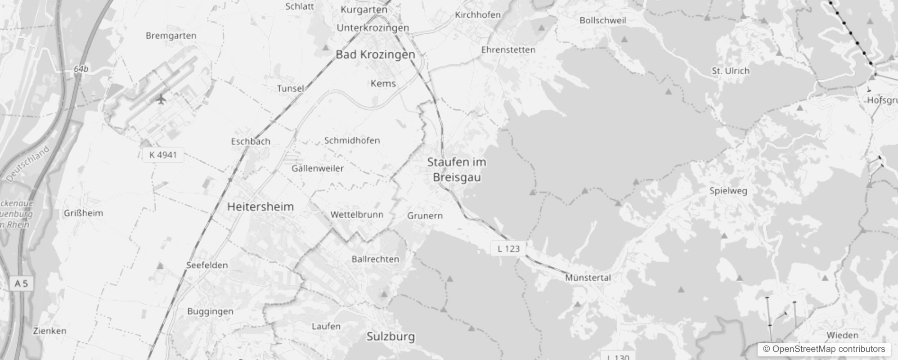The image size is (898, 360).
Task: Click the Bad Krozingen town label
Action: coord(375,54)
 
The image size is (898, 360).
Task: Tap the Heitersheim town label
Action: coord(260,207)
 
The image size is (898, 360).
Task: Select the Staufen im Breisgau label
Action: coord(457,170)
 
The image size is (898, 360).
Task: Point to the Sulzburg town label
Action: coord(391,337)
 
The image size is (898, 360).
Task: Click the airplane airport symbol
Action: coord(161,99)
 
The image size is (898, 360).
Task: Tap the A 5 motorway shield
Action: coord(21,283)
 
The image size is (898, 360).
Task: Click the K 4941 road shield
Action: coord(163,155)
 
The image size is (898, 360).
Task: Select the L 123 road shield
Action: coord(508,248)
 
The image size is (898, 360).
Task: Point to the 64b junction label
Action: coord(81,69)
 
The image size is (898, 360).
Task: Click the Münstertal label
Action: coord(588,278)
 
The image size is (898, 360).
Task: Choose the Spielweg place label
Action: coord(728,190)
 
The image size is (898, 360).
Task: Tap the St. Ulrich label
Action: coord(730,71)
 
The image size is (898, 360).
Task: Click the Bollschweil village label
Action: coord(602,20)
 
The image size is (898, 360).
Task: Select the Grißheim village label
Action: coord(83,213)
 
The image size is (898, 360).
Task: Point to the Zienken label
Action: coord(49,331)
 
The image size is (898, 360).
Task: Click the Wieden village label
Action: coord(842,335)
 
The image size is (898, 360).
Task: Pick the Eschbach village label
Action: coord(251,141)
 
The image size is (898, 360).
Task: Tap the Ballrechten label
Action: coord(375,259)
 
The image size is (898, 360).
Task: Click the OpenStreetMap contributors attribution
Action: coord(824,349)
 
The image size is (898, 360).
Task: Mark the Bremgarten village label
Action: coord(171,36)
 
